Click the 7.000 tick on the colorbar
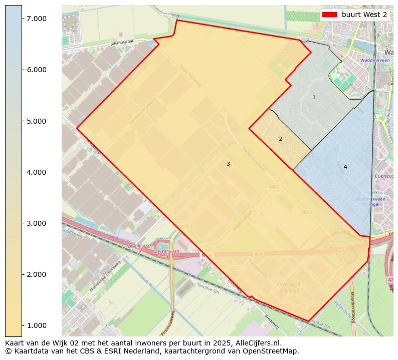coord(36,19)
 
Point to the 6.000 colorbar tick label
coord(36,70)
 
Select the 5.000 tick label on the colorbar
coord(36,121)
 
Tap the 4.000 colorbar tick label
coord(36,172)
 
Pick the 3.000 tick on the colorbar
coord(36,223)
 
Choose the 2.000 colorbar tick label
coord(36,274)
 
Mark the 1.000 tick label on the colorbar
coord(36,325)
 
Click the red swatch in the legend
coord(330,15)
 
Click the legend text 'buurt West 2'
coord(364,15)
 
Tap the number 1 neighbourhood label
coord(314,97)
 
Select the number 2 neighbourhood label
coord(280,139)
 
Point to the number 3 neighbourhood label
coord(228,164)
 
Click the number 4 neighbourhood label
coord(345,167)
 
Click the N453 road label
coord(274,187)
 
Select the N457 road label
coord(307,212)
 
